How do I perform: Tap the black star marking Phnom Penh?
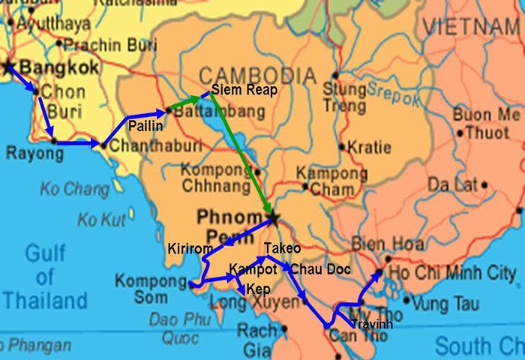(272, 218)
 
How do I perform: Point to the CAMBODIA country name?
(256, 76)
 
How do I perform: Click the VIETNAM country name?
(472, 27)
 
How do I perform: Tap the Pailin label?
(145, 126)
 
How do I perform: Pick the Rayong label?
(34, 154)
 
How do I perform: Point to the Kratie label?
(373, 147)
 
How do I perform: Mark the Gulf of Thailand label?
(45, 277)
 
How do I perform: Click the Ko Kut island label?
(102, 220)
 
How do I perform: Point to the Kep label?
(258, 289)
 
